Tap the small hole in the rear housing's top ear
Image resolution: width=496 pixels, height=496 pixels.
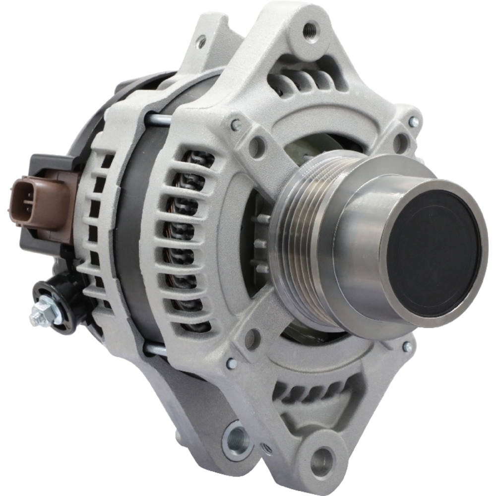pos(201,42)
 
